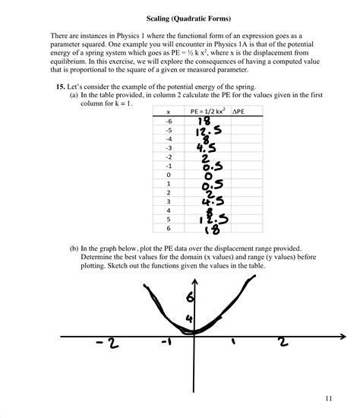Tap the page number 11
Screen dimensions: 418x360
tap(327, 397)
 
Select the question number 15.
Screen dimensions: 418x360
tap(62, 87)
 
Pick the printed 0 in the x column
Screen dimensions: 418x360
tap(168, 175)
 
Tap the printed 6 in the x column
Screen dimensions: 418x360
tap(168, 228)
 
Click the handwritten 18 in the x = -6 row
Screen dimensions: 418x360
tap(204, 121)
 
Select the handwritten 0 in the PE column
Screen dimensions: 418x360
tap(206, 175)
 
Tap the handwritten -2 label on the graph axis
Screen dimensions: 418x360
tap(108, 344)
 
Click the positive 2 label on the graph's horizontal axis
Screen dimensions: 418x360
tap(283, 342)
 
